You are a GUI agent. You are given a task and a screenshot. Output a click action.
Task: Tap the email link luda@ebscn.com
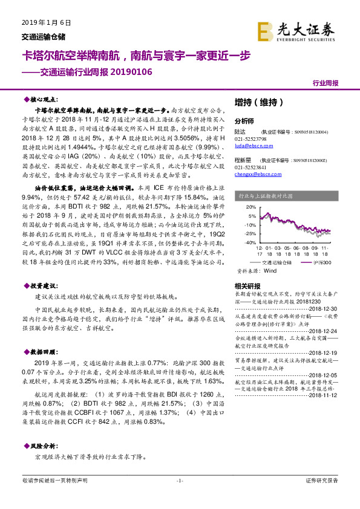[250, 144]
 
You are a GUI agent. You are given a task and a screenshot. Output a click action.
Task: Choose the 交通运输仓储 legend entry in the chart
[270, 264]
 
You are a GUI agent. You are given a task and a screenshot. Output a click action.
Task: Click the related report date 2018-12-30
[327, 307]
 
